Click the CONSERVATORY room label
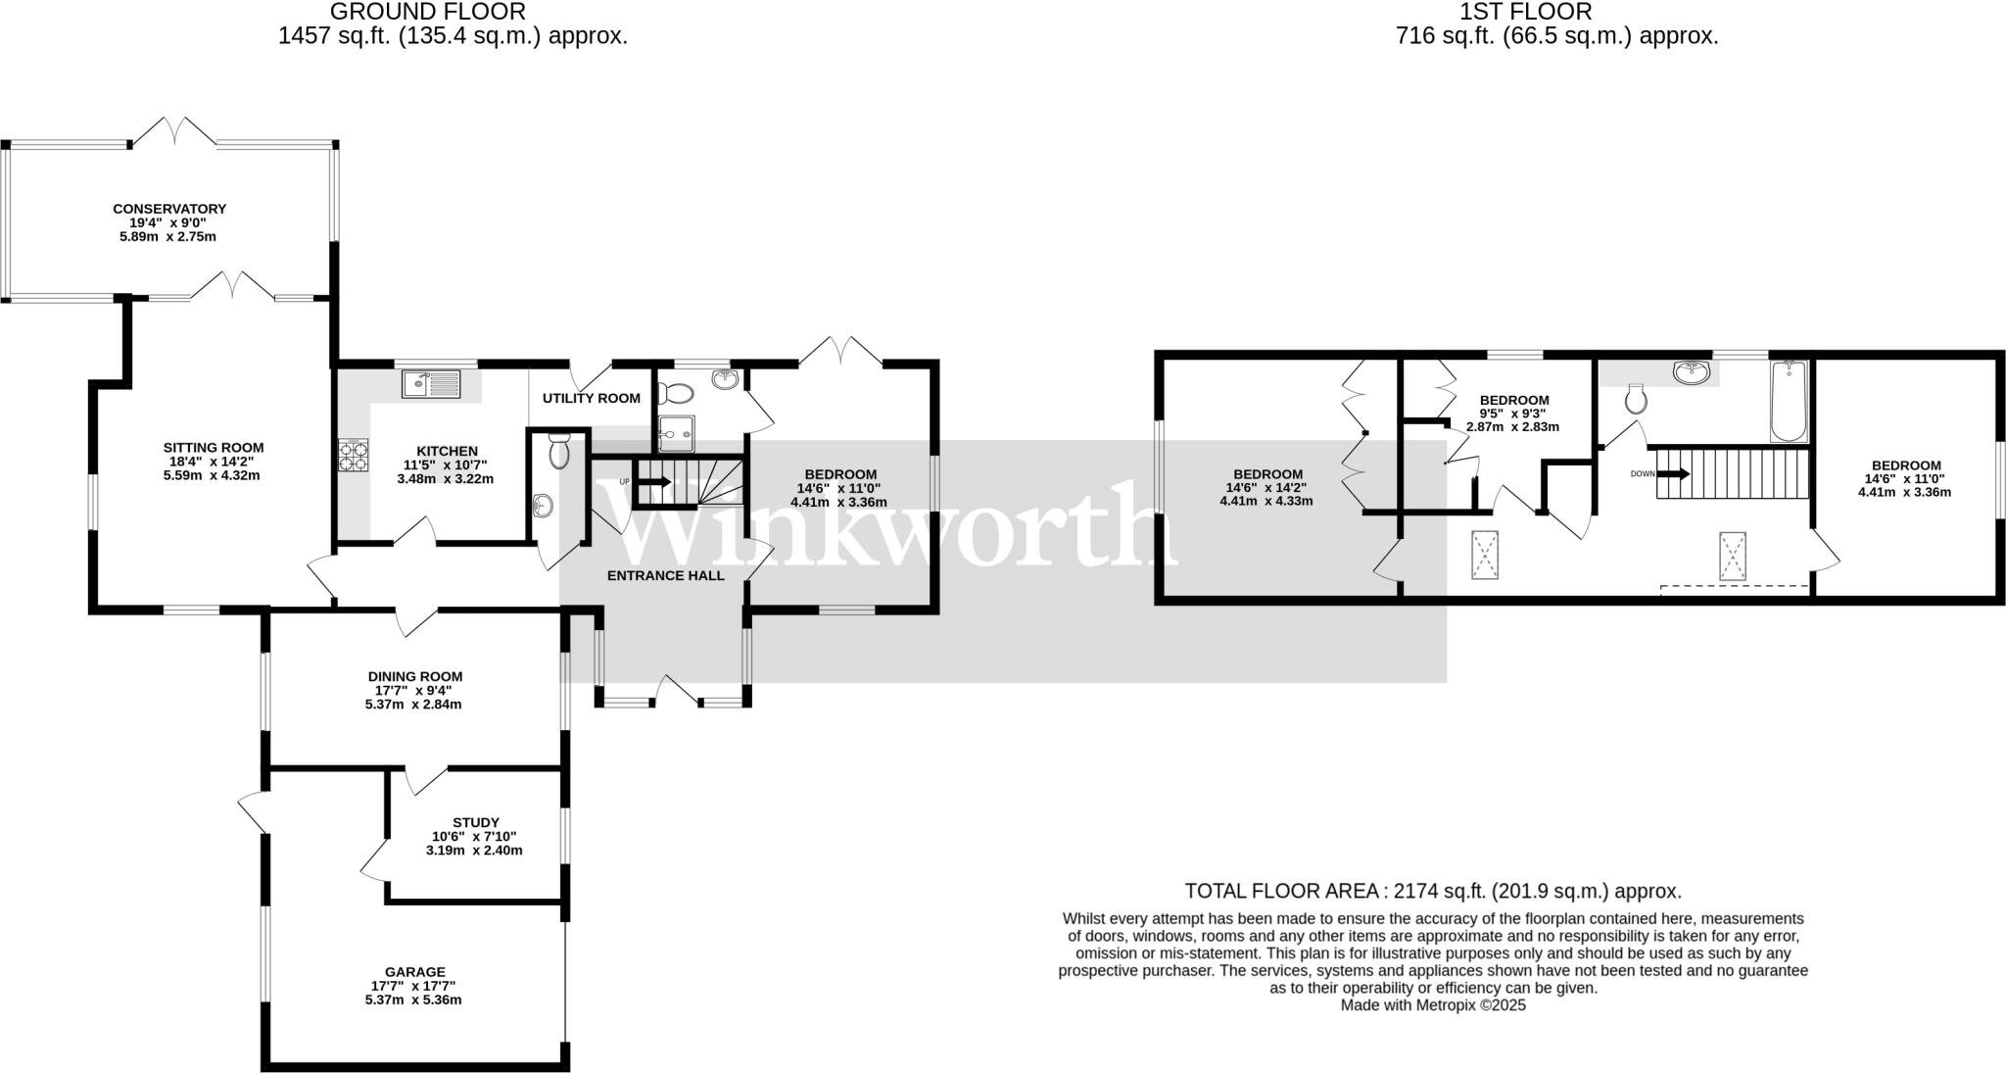point(169,209)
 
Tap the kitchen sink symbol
point(431,383)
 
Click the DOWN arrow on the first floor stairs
point(1674,474)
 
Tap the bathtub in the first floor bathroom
point(1788,402)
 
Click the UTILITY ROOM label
point(592,398)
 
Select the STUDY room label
point(476,822)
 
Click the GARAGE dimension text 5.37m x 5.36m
point(413,1000)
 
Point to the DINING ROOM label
point(415,676)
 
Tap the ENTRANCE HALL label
point(666,575)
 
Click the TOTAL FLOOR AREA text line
point(1432,891)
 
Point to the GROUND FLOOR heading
point(427,12)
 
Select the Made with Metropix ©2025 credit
point(1433,1004)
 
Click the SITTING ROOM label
point(214,448)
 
